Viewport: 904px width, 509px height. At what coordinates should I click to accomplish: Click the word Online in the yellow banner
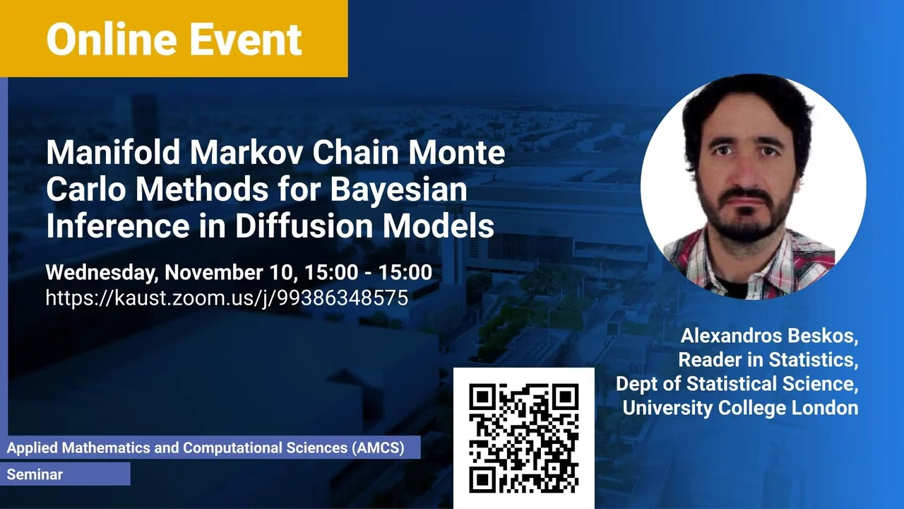click(x=112, y=39)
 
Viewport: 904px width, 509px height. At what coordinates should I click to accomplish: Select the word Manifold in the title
click(x=113, y=152)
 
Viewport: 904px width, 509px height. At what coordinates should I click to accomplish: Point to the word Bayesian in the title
click(x=399, y=190)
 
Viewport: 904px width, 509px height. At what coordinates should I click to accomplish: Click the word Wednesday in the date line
click(x=101, y=273)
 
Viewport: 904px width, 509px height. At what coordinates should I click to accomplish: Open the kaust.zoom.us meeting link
click(x=227, y=298)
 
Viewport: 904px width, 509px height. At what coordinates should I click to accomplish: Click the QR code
click(x=524, y=438)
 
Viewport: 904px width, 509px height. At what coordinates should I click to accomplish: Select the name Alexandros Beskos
click(x=769, y=336)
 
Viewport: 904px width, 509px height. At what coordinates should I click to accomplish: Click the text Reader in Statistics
click(x=768, y=360)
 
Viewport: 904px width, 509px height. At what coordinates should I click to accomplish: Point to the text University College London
click(x=740, y=408)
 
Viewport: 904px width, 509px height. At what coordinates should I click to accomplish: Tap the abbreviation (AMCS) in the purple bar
click(x=378, y=447)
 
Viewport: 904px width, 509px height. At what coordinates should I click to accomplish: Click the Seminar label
click(x=35, y=474)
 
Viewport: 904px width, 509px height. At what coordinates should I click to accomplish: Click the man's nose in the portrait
click(x=745, y=170)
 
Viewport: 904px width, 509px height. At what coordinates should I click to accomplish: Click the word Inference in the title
click(x=118, y=226)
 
